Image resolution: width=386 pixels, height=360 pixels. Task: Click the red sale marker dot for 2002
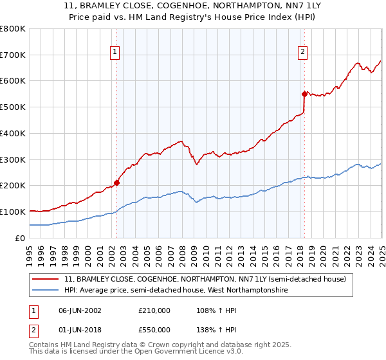116,183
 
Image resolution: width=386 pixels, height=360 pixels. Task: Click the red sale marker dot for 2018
304,93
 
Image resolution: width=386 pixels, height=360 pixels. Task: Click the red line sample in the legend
46,279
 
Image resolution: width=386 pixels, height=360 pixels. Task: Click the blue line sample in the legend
46,291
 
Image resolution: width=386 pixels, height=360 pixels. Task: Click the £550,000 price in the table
154,330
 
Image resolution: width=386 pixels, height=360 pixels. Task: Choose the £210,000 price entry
154,310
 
